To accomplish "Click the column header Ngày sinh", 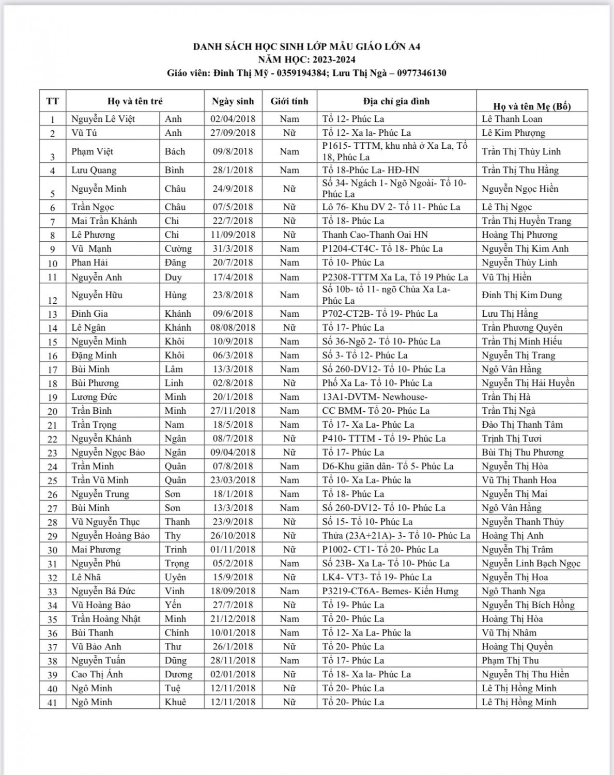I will point(233,101).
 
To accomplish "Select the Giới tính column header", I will point(289,101).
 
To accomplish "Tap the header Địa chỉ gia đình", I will point(396,101).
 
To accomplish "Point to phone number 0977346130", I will point(421,73).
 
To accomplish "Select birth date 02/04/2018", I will point(233,119).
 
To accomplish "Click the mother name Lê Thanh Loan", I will point(512,119).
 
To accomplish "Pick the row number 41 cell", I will point(52,702).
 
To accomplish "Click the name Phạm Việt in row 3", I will point(93,151).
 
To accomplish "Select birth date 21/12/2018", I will point(233,618).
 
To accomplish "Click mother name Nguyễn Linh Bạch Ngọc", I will point(531,563).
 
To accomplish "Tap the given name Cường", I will point(178,249).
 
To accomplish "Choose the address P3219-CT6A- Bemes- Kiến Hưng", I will point(390,591).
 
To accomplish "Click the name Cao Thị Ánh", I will point(97,674).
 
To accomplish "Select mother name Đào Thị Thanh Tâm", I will point(522,425).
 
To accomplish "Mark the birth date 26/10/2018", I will point(233,535).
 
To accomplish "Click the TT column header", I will point(52,101).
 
